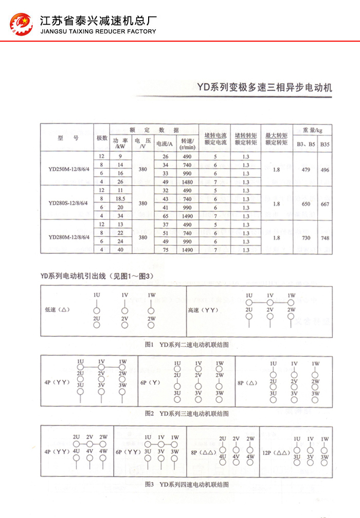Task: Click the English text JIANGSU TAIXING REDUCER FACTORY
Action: pyautogui.click(x=98, y=31)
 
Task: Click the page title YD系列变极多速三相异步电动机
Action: pyautogui.click(x=264, y=87)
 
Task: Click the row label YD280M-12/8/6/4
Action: pyautogui.click(x=68, y=237)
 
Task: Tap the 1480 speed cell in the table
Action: pyautogui.click(x=187, y=182)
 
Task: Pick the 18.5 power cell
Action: pyautogui.click(x=120, y=199)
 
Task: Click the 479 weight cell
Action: pyautogui.click(x=306, y=169)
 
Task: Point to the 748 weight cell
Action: pyautogui.click(x=325, y=237)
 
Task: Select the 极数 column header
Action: pyautogui.click(x=102, y=138)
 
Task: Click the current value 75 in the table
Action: pyautogui.click(x=165, y=250)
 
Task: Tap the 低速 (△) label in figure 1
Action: pyautogui.click(x=57, y=310)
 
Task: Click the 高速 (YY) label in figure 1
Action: pyautogui.click(x=203, y=310)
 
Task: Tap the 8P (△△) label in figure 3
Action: pyautogui.click(x=202, y=452)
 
